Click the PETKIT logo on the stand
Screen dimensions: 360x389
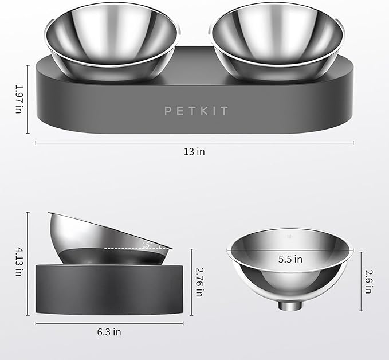(x=196, y=109)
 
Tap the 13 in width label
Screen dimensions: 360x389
(x=195, y=152)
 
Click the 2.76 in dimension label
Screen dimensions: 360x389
(x=199, y=281)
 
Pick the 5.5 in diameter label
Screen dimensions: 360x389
(x=290, y=259)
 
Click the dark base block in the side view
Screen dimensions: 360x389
(x=109, y=289)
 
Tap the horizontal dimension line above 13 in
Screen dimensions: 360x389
(x=195, y=143)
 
